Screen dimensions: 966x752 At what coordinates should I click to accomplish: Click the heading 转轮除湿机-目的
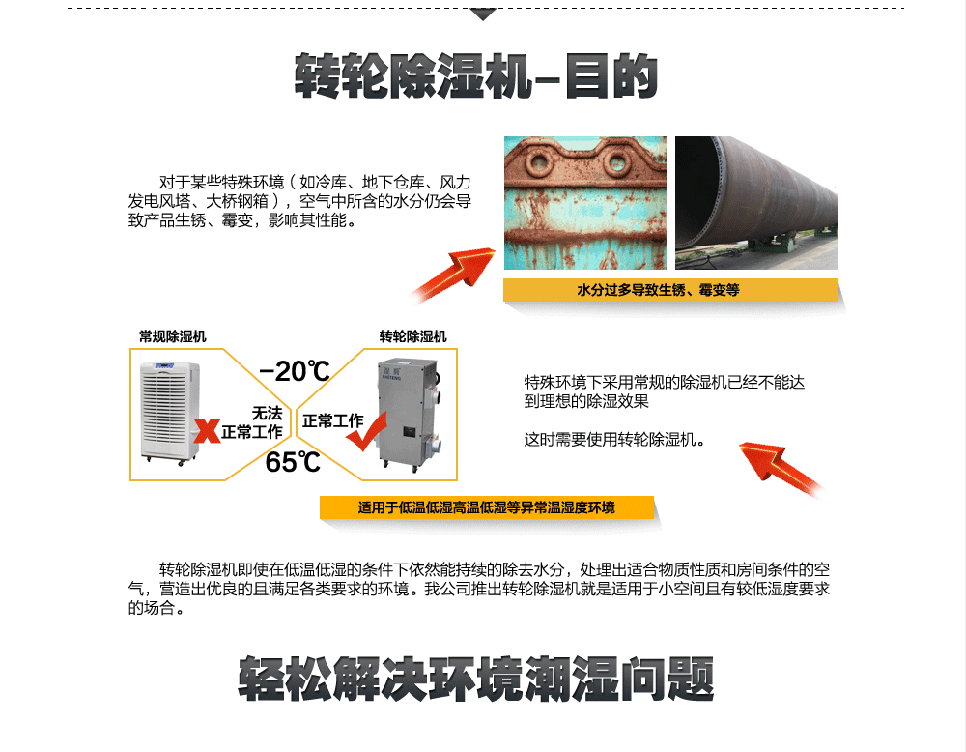[475, 76]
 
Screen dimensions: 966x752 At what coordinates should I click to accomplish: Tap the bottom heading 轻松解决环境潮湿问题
[475, 679]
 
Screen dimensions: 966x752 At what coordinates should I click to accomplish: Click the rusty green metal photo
[584, 203]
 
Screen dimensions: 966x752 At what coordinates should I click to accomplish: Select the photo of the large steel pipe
[755, 203]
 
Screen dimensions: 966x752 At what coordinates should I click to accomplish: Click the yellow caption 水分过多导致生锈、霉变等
[670, 290]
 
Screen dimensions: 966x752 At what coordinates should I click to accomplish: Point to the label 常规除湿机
[172, 336]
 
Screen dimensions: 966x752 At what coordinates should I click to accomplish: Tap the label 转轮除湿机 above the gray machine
[412, 336]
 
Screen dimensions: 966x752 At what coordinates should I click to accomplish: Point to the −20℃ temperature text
[295, 371]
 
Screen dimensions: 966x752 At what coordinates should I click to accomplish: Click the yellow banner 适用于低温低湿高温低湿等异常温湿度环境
[486, 507]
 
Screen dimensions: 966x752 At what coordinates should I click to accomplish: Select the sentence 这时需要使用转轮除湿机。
[614, 440]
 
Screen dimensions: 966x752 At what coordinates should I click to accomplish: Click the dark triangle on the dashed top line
[483, 14]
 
